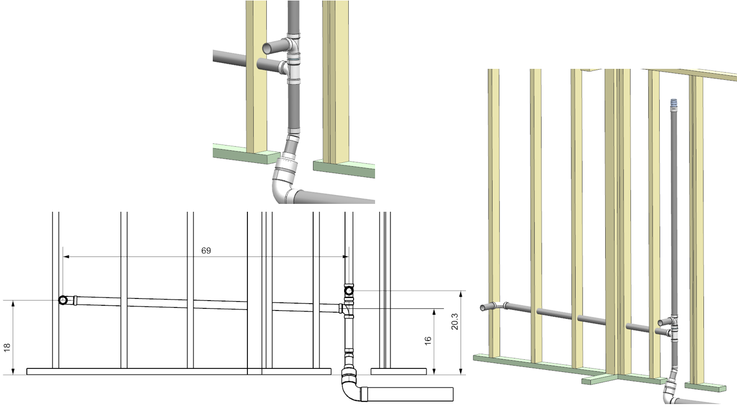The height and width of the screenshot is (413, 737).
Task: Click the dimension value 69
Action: [x=206, y=251]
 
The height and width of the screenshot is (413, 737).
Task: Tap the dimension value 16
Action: [x=428, y=340]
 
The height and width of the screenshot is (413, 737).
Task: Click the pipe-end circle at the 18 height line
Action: [x=63, y=301]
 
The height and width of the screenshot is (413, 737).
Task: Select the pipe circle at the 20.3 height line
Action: [x=349, y=291]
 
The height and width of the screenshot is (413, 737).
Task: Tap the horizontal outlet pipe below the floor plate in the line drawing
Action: [x=410, y=394]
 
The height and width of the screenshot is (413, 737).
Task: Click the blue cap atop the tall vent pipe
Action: [x=674, y=102]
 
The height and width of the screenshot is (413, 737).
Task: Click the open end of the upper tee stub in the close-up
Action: [x=267, y=48]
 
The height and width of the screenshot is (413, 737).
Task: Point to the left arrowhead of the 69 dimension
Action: [x=67, y=256]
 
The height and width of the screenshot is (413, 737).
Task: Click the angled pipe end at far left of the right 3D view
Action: [x=484, y=307]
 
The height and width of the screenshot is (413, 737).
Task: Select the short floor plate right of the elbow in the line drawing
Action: [x=398, y=371]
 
